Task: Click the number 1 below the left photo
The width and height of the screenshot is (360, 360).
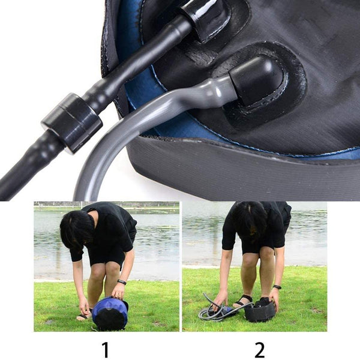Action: [106, 349]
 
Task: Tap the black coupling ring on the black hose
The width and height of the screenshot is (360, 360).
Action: [71, 122]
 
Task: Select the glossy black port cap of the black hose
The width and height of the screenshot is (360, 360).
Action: [206, 19]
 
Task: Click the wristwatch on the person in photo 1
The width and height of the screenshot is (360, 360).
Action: [122, 282]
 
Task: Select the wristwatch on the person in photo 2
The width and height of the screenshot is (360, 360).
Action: [277, 287]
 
